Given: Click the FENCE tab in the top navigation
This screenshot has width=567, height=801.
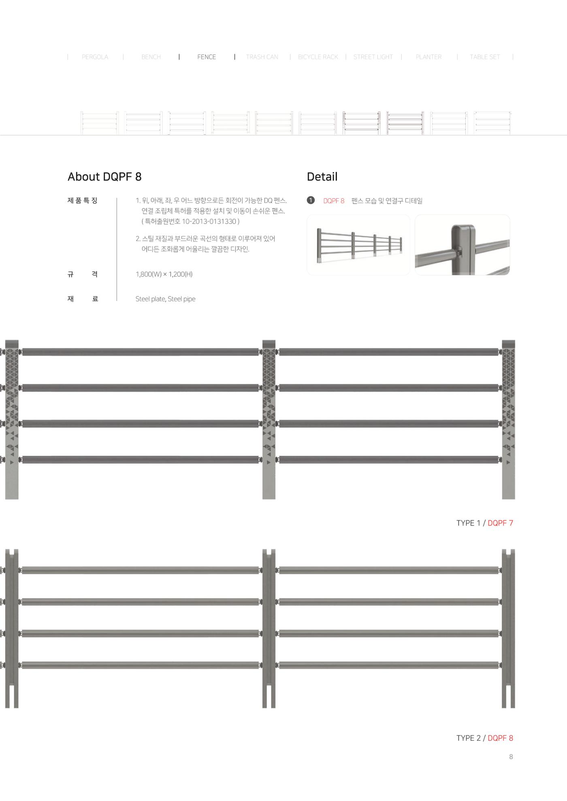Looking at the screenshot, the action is (207, 57).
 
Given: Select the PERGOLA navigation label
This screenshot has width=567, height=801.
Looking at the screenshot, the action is (95, 57).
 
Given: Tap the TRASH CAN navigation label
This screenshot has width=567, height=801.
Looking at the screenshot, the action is (262, 57).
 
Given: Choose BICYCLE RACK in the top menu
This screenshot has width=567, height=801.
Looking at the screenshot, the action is (318, 57).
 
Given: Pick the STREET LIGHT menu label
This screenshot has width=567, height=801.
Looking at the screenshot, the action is (373, 57).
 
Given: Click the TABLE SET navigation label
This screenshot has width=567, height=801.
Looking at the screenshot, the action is (485, 57).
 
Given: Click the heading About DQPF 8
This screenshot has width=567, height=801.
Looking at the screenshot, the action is (104, 177).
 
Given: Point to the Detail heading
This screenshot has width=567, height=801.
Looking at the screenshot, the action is (322, 177).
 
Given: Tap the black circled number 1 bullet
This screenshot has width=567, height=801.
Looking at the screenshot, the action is (311, 200).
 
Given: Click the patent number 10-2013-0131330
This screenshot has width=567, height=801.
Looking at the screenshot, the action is (209, 221).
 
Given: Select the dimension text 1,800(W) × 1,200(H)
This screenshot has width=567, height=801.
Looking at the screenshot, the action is (164, 274).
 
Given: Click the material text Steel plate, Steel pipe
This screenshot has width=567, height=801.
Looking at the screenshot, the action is (165, 299).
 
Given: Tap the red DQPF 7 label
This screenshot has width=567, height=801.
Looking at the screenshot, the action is (500, 523).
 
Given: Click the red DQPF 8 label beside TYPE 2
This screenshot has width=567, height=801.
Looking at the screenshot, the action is (500, 738).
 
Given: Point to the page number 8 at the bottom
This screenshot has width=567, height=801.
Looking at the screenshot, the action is (511, 756).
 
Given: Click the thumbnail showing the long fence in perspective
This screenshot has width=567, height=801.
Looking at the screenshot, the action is (358, 245).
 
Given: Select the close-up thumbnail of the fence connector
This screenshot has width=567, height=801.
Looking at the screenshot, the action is (463, 245).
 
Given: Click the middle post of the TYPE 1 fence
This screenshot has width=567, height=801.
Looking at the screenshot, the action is (269, 420).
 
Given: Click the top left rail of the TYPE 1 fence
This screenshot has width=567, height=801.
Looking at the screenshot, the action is (141, 352).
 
